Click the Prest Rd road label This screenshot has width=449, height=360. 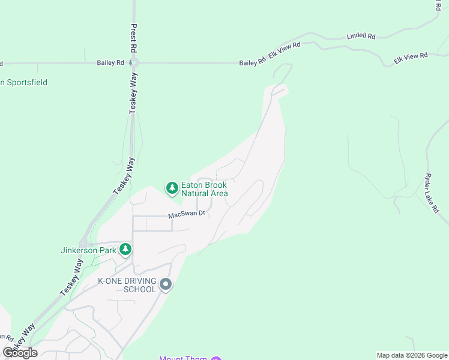coord(134,37)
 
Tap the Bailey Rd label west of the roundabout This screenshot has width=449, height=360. coord(110,62)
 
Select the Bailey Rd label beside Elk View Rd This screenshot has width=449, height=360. coord(252,62)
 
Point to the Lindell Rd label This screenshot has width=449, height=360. coord(361,37)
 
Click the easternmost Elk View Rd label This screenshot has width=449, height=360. coord(411,58)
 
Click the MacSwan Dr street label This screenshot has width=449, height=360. coord(187,214)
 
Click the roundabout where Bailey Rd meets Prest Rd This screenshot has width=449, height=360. coord(134,62)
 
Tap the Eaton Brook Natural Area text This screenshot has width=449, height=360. coord(205,189)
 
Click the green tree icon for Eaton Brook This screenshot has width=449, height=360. coord(172,188)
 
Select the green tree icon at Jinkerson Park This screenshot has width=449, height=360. coord(125,248)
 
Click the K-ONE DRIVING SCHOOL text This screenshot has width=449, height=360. coord(127,285)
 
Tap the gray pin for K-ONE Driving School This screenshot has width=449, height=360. coord(166,284)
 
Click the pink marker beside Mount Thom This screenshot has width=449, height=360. coord(216,358)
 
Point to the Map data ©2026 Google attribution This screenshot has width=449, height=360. coord(411,355)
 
